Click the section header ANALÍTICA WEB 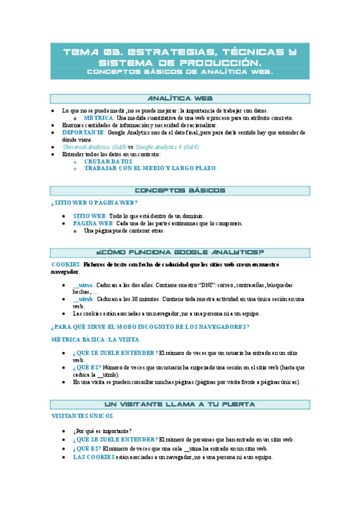[x=180, y=99]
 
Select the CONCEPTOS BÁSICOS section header [x=180, y=191]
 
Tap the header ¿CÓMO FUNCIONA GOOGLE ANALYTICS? [x=180, y=252]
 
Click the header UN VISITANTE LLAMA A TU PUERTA [x=180, y=388]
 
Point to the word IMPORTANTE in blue [x=84, y=132]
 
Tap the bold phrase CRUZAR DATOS [x=109, y=162]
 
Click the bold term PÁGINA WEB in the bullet [x=89, y=223]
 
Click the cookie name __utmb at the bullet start [x=83, y=298]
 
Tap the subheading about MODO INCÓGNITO [x=150, y=327]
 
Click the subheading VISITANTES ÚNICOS [x=83, y=399]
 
